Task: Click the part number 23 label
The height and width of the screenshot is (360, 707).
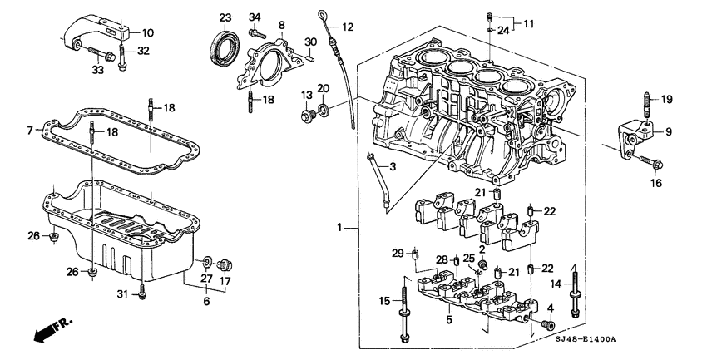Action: click(225, 17)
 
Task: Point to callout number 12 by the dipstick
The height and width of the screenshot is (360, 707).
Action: click(348, 27)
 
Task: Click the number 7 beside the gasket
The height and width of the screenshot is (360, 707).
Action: click(29, 131)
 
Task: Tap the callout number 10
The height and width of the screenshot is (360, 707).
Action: click(147, 33)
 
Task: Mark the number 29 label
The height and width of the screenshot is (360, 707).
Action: click(398, 253)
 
